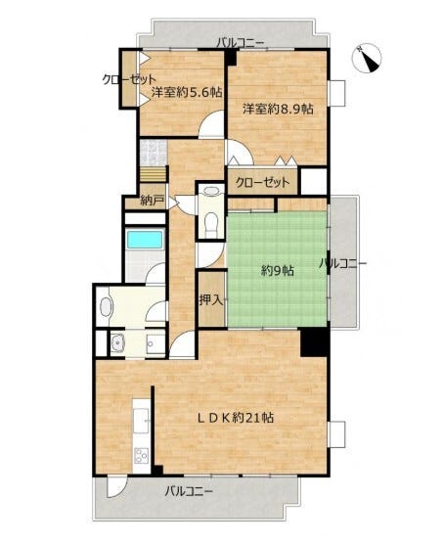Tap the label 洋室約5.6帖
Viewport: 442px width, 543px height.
point(187,92)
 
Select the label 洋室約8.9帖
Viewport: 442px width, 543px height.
point(278,109)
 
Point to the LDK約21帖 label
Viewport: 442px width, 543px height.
point(236,418)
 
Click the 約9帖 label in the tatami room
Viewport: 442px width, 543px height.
point(278,270)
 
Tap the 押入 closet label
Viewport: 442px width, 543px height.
point(211,300)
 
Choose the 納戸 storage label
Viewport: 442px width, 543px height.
point(153,201)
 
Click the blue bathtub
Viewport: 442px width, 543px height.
point(145,240)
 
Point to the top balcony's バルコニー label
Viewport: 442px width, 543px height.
point(241,43)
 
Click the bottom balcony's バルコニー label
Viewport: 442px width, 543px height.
point(189,491)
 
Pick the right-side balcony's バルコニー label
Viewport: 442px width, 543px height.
point(342,263)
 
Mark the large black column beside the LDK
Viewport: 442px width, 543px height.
point(314,342)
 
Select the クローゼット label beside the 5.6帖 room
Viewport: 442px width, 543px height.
point(129,80)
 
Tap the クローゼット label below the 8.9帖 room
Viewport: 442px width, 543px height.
point(262,182)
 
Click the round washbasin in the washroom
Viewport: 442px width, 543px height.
point(118,342)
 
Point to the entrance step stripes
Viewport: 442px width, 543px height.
point(154,174)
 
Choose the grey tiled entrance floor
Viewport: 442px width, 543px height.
point(154,153)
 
